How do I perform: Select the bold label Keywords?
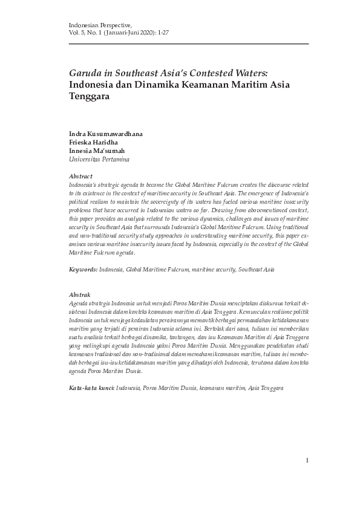tap(83, 268)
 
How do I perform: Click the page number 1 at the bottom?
tap(307, 461)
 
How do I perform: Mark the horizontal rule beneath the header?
tap(189, 44)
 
